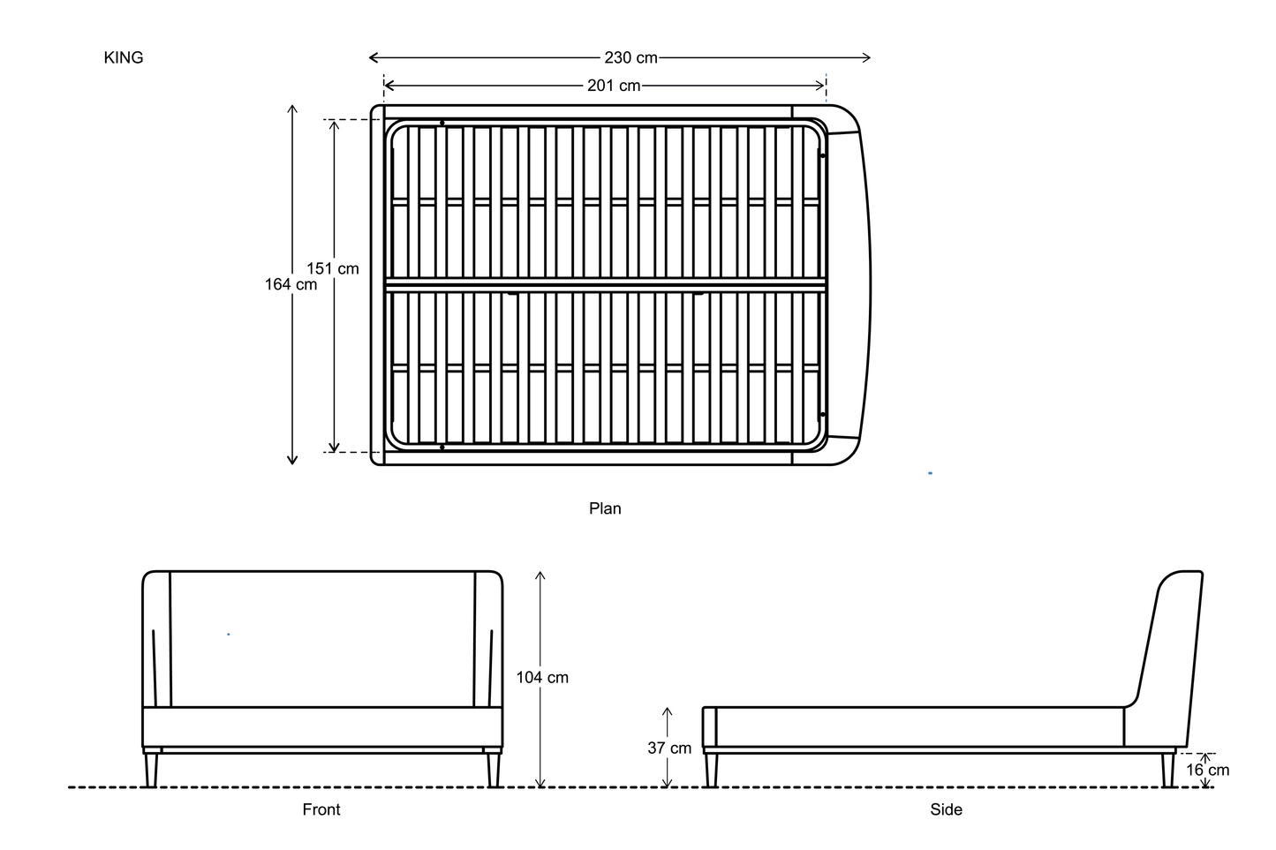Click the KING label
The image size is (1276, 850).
coord(124,57)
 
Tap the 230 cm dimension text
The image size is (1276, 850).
coord(630,57)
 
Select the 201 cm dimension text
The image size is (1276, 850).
coord(614,86)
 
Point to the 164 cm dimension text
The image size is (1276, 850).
coord(291,284)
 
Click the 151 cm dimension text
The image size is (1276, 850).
coord(333,268)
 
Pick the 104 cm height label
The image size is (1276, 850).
coord(542,678)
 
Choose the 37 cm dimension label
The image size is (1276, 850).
coord(669,748)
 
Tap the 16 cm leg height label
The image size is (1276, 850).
coord(1208,771)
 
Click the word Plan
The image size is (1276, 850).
coord(605,508)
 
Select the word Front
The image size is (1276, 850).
coord(321,809)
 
